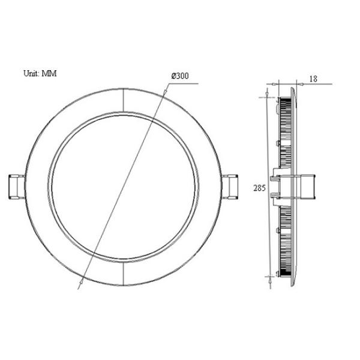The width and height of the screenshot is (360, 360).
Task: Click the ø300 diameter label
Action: (180, 76)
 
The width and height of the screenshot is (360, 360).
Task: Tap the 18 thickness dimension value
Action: (313, 79)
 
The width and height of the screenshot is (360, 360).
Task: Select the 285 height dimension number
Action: (259, 188)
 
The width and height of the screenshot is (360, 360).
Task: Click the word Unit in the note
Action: (31, 74)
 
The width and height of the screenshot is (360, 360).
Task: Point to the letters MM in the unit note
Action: (49, 74)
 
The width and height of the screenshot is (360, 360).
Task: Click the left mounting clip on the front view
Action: (16, 187)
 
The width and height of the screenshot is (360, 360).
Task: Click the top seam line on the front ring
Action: (123, 100)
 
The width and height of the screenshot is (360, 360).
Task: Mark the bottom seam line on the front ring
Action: (123, 273)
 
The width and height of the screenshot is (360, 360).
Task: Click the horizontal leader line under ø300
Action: (184, 85)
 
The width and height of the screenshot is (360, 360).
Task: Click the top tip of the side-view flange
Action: (293, 87)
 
